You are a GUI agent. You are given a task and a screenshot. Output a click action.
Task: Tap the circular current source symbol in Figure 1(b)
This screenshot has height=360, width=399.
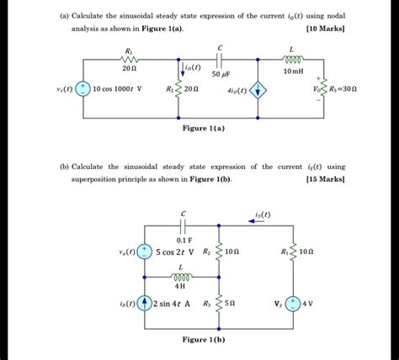coord(146,303)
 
